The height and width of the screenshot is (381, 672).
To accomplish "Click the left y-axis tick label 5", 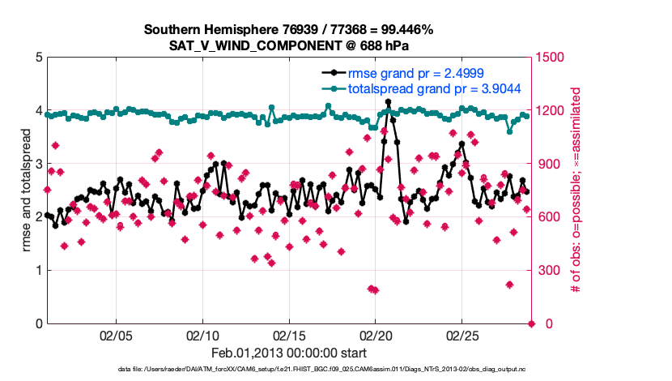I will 38,58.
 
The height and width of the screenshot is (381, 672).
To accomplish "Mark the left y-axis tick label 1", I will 38,271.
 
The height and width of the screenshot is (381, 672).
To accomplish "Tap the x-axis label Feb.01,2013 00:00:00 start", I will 288,353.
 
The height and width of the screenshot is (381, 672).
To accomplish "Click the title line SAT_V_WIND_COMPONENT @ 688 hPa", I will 288,45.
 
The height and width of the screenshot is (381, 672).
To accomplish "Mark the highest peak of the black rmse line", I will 389,102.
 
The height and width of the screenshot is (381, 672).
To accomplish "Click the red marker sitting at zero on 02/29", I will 531,323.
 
